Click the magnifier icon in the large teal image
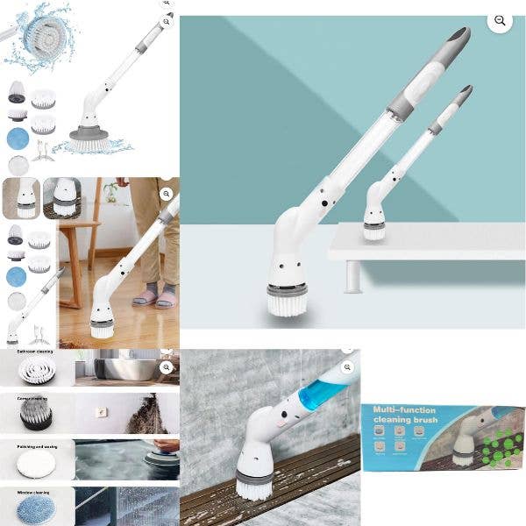tap(500, 21)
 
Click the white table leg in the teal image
tap(352, 276)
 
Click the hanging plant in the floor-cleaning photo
tap(111, 191)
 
